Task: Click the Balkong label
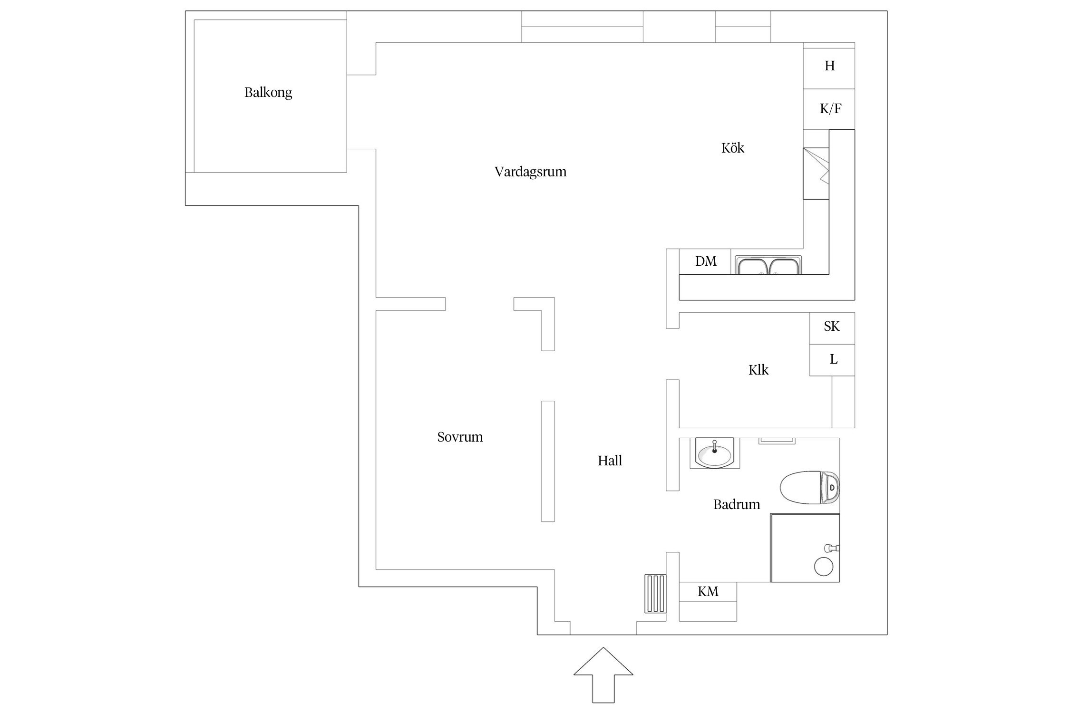268,92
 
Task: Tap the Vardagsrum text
530,172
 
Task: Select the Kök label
732,148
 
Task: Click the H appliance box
829,66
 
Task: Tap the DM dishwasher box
705,261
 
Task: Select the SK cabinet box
832,327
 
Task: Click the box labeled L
832,360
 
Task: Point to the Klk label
758,370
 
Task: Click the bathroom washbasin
714,453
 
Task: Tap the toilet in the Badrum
809,487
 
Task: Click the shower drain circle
824,567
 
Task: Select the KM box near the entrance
708,592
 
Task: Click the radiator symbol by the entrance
655,594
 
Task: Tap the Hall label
610,461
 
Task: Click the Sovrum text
460,437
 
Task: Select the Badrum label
736,504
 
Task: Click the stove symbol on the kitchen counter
816,173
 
